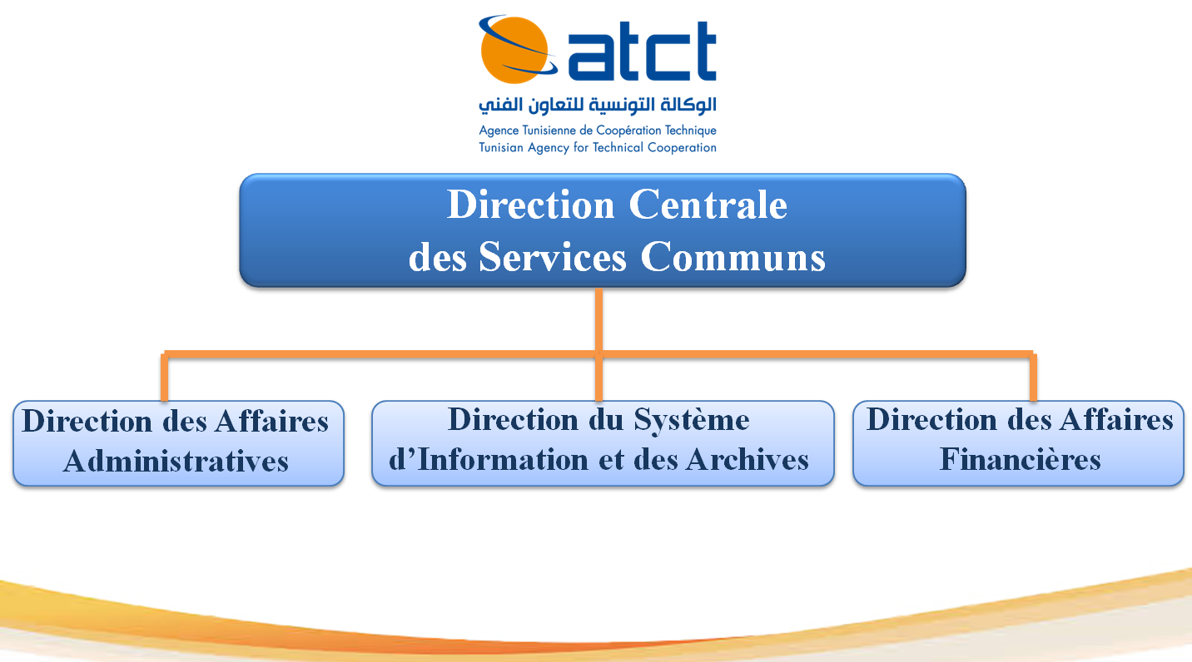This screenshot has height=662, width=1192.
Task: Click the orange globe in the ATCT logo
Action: point(514,50)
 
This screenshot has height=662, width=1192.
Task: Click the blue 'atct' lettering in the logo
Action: point(642,51)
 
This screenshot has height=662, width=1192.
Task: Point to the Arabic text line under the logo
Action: point(597,106)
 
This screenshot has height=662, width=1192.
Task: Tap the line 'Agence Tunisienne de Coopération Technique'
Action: point(597,131)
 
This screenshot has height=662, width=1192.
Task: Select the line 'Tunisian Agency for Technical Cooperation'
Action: point(597,147)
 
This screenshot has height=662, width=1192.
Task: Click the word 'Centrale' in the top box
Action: point(708,205)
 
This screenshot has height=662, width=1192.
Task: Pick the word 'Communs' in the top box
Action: point(733,257)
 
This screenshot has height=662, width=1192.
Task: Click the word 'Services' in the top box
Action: point(553,257)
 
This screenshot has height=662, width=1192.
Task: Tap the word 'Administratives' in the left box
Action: point(176,461)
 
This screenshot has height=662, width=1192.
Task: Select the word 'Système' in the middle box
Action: point(691,420)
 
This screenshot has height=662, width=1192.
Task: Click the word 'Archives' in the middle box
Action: point(747,459)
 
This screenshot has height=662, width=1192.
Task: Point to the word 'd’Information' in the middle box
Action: point(489,459)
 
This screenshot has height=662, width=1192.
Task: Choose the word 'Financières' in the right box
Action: point(1021,459)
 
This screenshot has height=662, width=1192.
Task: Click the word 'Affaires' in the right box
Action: point(1115,419)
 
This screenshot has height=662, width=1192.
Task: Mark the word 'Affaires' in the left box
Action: point(271,421)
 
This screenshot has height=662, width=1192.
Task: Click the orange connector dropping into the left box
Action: point(165,377)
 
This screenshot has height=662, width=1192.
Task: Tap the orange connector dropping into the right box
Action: point(1033,377)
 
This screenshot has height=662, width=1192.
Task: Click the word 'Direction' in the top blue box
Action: point(531,205)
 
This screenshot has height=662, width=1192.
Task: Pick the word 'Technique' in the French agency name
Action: point(691,131)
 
